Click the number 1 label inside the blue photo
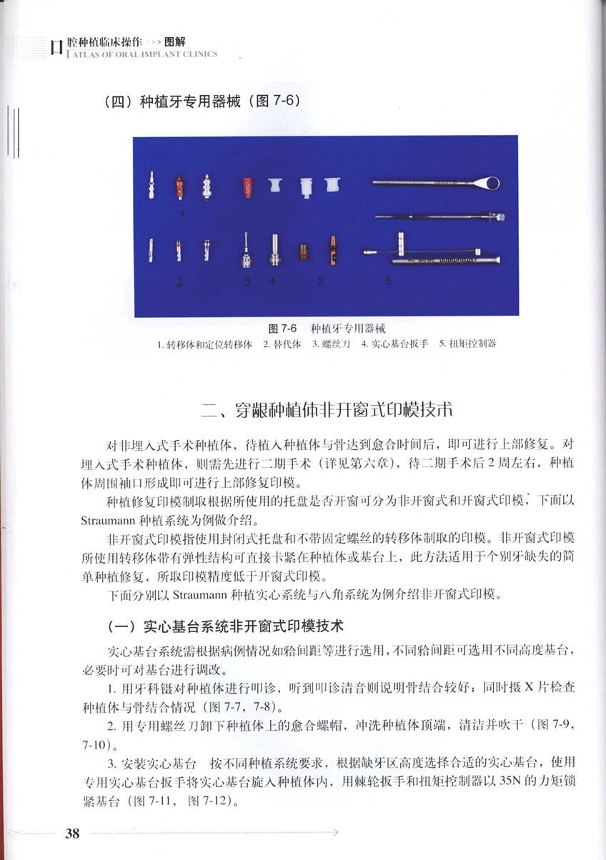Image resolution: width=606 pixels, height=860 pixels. coord(183,213)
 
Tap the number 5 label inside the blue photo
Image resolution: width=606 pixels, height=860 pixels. coord(388,281)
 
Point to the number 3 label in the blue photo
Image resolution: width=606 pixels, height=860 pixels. coord(247,281)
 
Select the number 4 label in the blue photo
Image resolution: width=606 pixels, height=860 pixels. coord(272,281)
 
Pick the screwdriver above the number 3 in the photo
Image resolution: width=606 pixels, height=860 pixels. coord(246,250)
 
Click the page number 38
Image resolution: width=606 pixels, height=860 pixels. coord(71,833)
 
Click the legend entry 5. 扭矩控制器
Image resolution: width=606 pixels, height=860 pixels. coord(467,344)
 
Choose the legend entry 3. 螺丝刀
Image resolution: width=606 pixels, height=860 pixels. coord(331,344)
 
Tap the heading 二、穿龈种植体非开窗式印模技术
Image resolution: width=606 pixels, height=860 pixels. coord(328,411)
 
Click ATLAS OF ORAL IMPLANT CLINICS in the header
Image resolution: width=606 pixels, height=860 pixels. coord(141,54)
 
